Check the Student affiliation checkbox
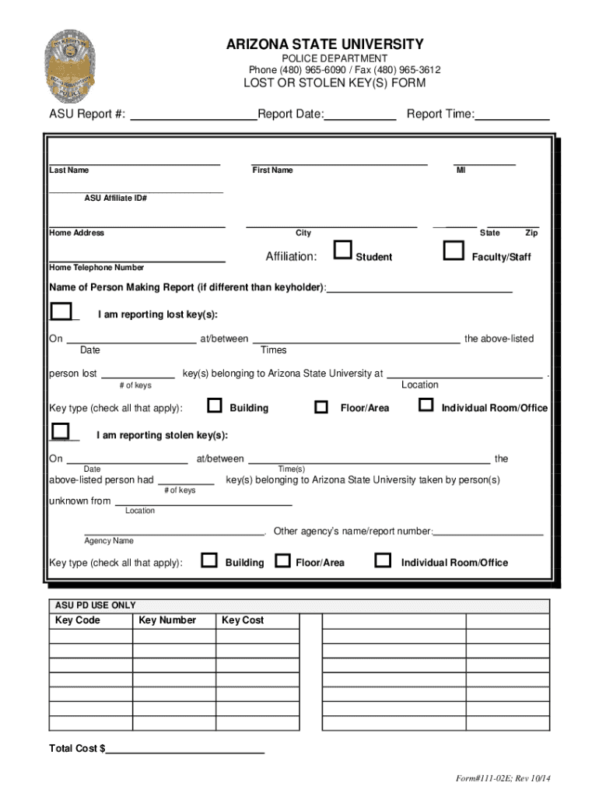[342, 250]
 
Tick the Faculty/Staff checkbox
[453, 250]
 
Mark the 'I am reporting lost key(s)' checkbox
[59, 311]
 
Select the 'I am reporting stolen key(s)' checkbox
[59, 430]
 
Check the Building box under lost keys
[215, 405]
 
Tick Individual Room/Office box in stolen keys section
[383, 560]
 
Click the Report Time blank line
[512, 116]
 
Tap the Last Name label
[69, 170]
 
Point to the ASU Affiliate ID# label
[116, 198]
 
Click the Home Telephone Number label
[96, 268]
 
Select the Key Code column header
[78, 620]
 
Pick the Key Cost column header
[243, 620]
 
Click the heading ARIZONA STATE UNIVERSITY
[325, 44]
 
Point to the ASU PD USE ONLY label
[95, 605]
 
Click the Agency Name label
[109, 541]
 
